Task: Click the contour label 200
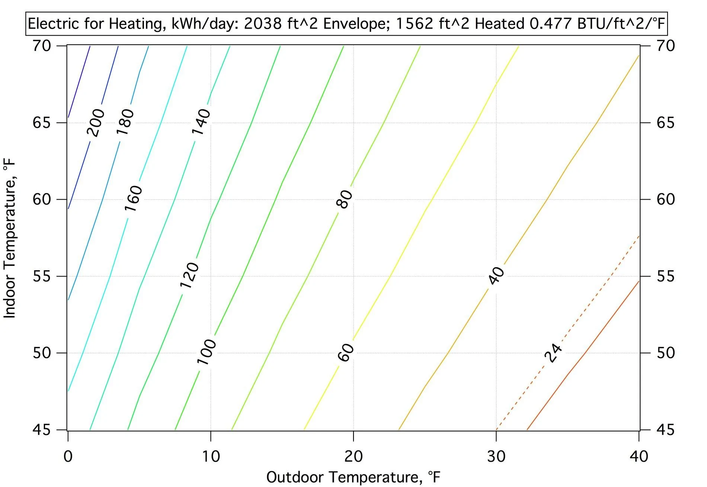[96, 123]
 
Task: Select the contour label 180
[125, 122]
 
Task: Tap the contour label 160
[133, 198]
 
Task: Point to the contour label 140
[201, 122]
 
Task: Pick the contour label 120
[190, 275]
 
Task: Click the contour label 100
[207, 352]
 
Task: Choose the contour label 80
[344, 199]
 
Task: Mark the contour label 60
[346, 352]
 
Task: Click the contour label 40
[497, 275]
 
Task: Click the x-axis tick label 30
[496, 457]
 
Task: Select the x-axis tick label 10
[211, 457]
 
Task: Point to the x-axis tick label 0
[68, 457]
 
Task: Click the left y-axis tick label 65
[42, 123]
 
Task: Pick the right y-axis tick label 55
[665, 276]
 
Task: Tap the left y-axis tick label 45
[42, 430]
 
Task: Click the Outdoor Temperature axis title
[353, 477]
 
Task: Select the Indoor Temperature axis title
[10, 238]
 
